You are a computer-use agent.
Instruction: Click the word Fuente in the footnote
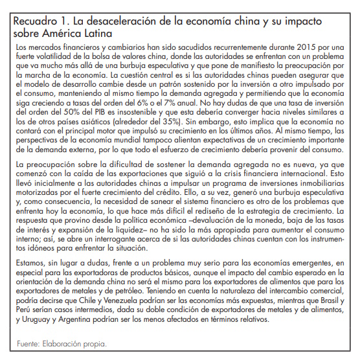(25, 343)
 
